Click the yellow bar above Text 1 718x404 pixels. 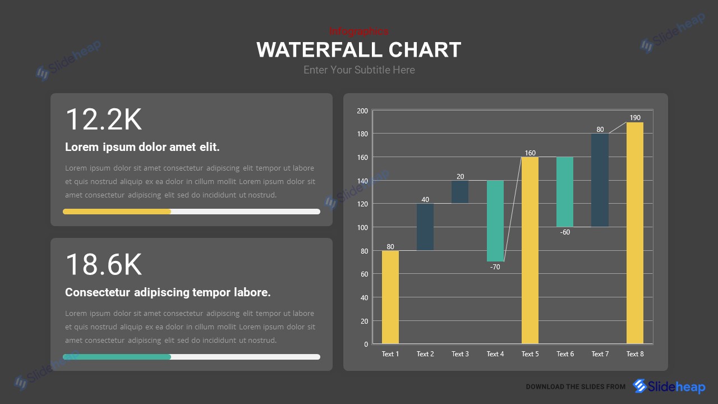coord(390,297)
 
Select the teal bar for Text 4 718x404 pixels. coord(495,221)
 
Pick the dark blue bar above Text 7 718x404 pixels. coord(600,180)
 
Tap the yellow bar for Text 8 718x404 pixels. coord(635,233)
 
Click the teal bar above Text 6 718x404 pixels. coord(565,191)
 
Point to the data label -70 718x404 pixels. coord(495,267)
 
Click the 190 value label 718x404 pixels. coord(634,118)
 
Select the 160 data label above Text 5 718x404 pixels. coord(530,153)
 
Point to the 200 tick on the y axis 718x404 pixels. coord(362,111)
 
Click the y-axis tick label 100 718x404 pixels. coord(362,227)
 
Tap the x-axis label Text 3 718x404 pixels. coord(460,354)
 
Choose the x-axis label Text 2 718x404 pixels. coord(425,354)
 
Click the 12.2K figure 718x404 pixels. coord(104,120)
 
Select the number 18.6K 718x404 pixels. coord(104,265)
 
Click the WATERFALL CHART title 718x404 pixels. coord(359,50)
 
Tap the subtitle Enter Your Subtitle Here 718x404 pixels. coord(359,70)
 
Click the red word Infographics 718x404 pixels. coord(358,31)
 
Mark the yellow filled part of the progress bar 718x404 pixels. coord(117,212)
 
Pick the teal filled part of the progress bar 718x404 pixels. coord(117,357)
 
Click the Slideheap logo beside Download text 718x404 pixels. coord(669,386)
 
